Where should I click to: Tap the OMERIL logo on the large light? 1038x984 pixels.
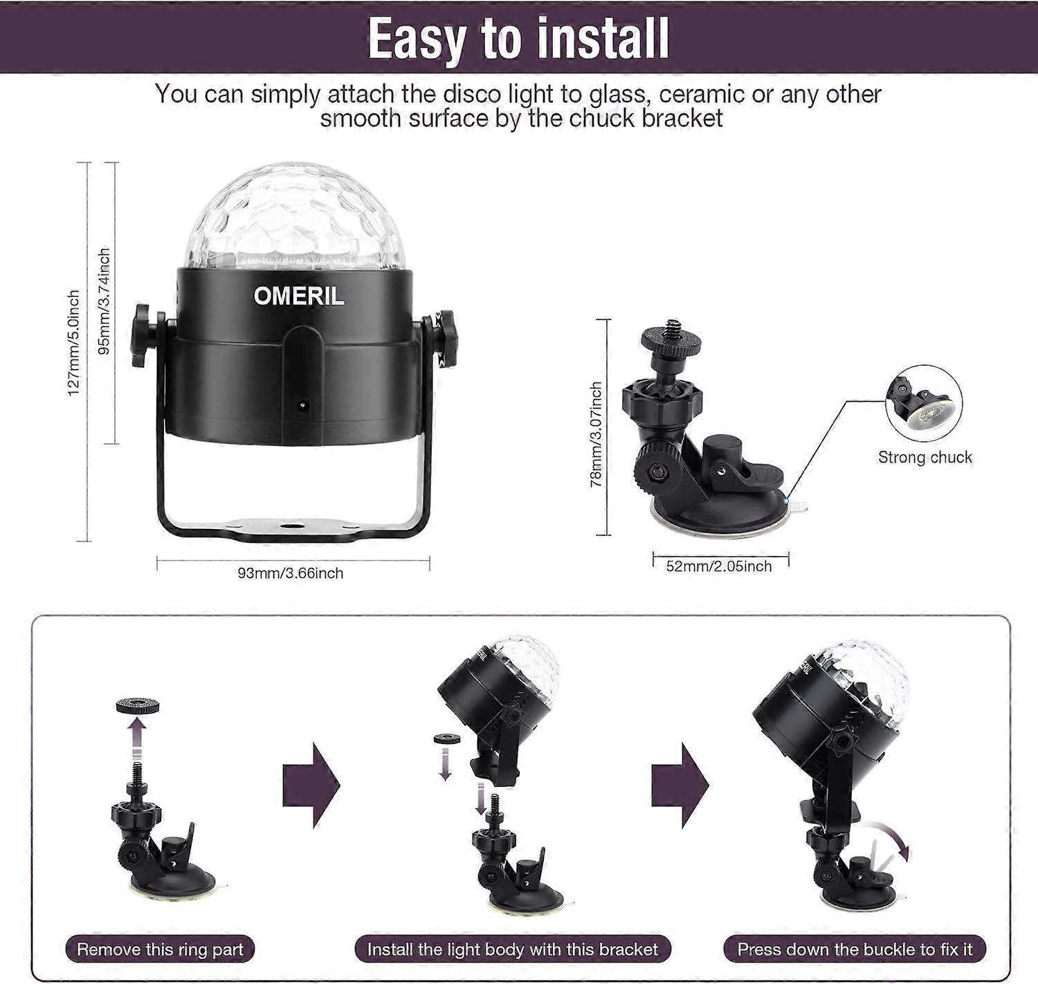(x=299, y=296)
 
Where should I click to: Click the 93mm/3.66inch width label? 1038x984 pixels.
(x=291, y=573)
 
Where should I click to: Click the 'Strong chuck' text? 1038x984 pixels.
(x=925, y=457)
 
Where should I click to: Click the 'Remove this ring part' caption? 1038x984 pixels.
(x=160, y=949)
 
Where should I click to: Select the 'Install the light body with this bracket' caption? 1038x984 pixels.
(x=512, y=949)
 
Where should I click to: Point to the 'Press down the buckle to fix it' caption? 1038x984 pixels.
(x=855, y=949)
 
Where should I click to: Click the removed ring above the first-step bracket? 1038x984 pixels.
(x=137, y=707)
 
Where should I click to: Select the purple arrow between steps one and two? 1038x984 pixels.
(x=311, y=785)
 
